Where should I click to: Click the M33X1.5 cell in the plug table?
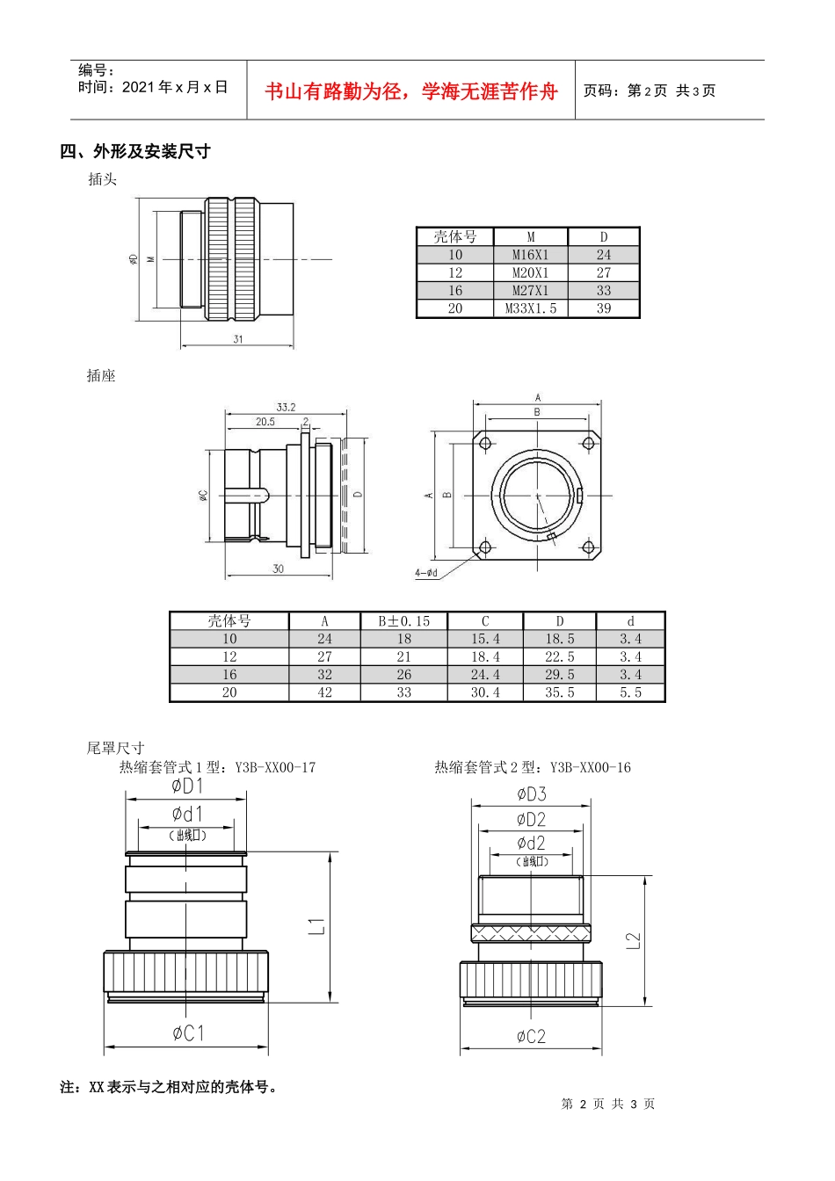[530, 308]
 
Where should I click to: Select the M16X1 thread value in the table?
[530, 255]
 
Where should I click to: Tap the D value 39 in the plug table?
[604, 308]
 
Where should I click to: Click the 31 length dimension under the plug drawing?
[238, 339]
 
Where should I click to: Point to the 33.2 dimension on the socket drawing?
[286, 407]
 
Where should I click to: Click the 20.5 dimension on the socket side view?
[265, 422]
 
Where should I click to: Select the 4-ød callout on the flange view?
[426, 573]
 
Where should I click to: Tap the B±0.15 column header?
[403, 621]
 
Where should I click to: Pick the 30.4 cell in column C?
[485, 692]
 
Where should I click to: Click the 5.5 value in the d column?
[630, 692]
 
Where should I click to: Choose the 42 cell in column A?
[324, 692]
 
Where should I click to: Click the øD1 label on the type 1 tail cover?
[187, 786]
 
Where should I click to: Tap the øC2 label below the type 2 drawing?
[531, 1037]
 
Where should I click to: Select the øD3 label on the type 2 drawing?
[532, 794]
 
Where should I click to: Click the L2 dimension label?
[634, 940]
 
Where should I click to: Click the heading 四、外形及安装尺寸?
[135, 151]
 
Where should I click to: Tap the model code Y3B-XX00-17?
[275, 767]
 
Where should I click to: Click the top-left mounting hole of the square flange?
[485, 444]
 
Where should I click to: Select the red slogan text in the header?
[410, 91]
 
